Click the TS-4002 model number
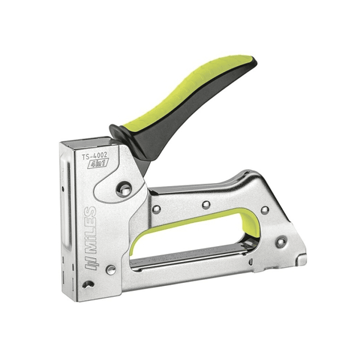coord(95,156)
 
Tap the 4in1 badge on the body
coord(98,165)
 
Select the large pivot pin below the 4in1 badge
coord(124,189)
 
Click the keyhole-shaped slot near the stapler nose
coord(89,284)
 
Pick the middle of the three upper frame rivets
coord(206,204)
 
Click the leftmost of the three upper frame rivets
coord(157,209)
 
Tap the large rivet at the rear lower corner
coord(281,242)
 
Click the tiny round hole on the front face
coord(63,189)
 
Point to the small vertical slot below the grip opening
coord(248,261)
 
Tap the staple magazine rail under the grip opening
coord(190,257)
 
